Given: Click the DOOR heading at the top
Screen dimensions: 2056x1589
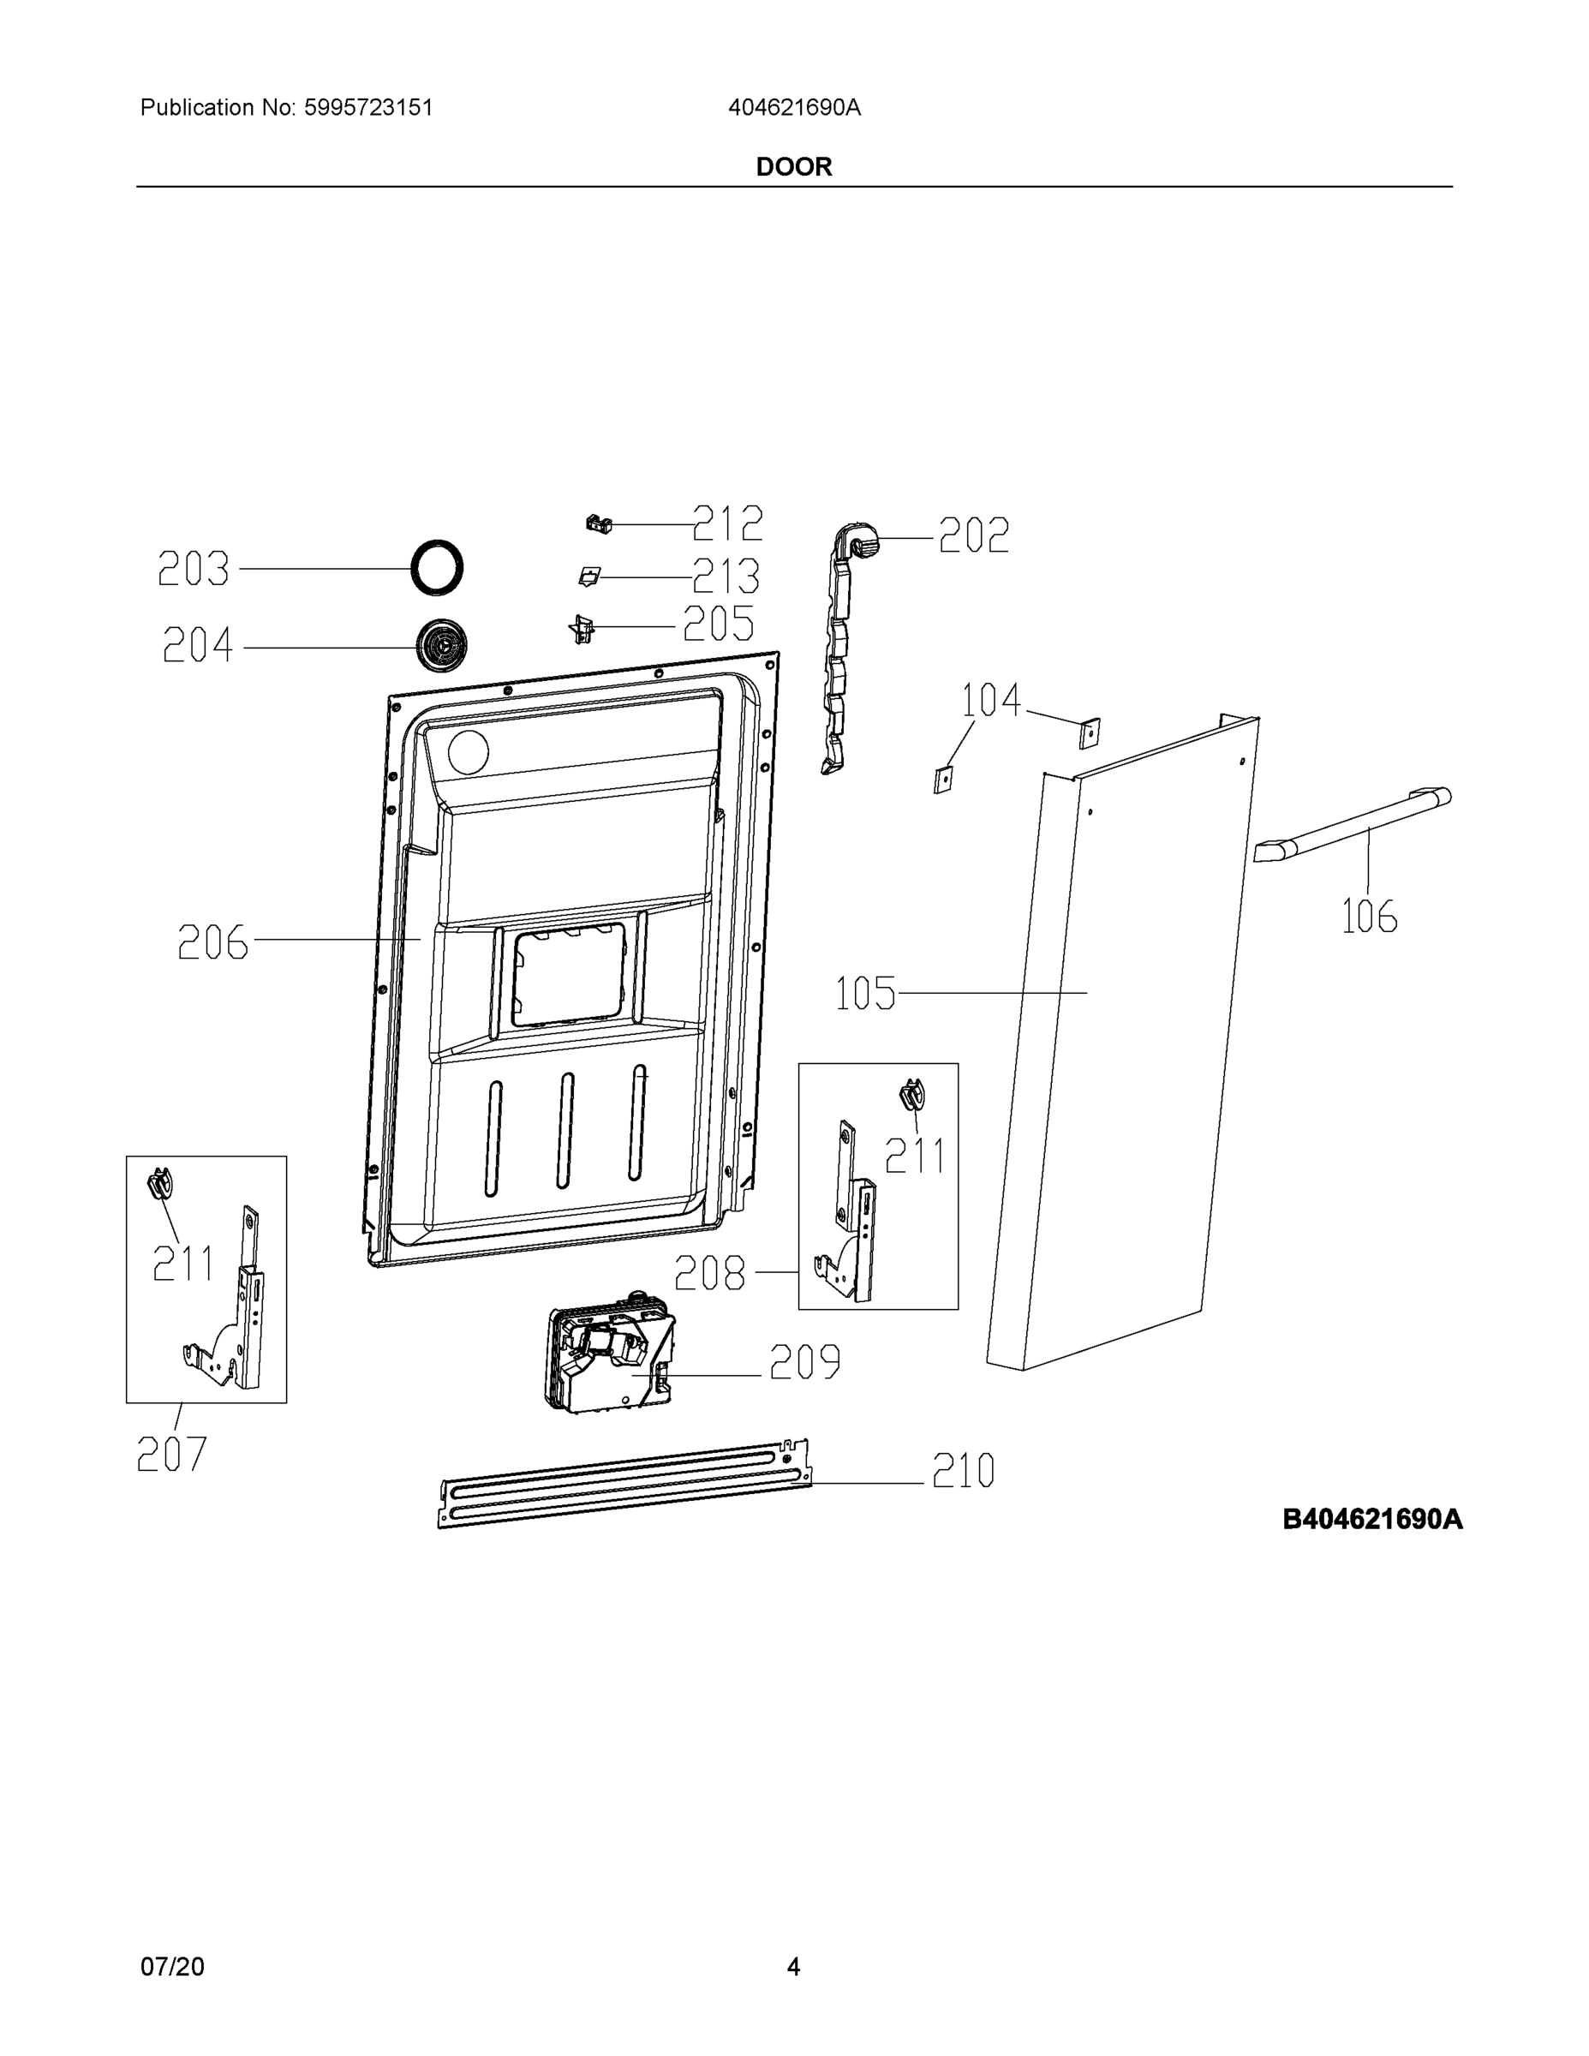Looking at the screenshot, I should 793,167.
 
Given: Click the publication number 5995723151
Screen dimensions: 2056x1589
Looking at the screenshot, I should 367,107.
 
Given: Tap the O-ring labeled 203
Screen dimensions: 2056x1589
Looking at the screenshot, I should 438,568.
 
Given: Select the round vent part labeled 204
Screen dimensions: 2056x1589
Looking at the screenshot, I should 439,646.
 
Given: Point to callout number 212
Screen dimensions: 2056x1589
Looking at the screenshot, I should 727,523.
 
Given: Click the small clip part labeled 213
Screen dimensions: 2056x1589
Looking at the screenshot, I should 588,577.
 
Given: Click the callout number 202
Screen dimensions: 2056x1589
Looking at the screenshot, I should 973,535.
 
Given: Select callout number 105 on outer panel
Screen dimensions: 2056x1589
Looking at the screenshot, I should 866,994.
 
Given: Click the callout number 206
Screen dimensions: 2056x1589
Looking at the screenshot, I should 213,942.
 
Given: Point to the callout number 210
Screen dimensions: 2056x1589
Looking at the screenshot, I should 963,1470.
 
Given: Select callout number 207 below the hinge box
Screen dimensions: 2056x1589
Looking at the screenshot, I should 171,1455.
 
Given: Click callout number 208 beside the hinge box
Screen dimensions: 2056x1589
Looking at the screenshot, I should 711,1274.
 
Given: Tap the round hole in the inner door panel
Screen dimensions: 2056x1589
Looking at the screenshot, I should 468,753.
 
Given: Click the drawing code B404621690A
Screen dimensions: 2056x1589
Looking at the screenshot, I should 1372,1520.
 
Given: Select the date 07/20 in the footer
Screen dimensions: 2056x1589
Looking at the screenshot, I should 172,1967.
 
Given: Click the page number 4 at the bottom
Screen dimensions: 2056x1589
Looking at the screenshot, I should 793,1967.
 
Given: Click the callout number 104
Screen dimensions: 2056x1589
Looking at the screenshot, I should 990,701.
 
